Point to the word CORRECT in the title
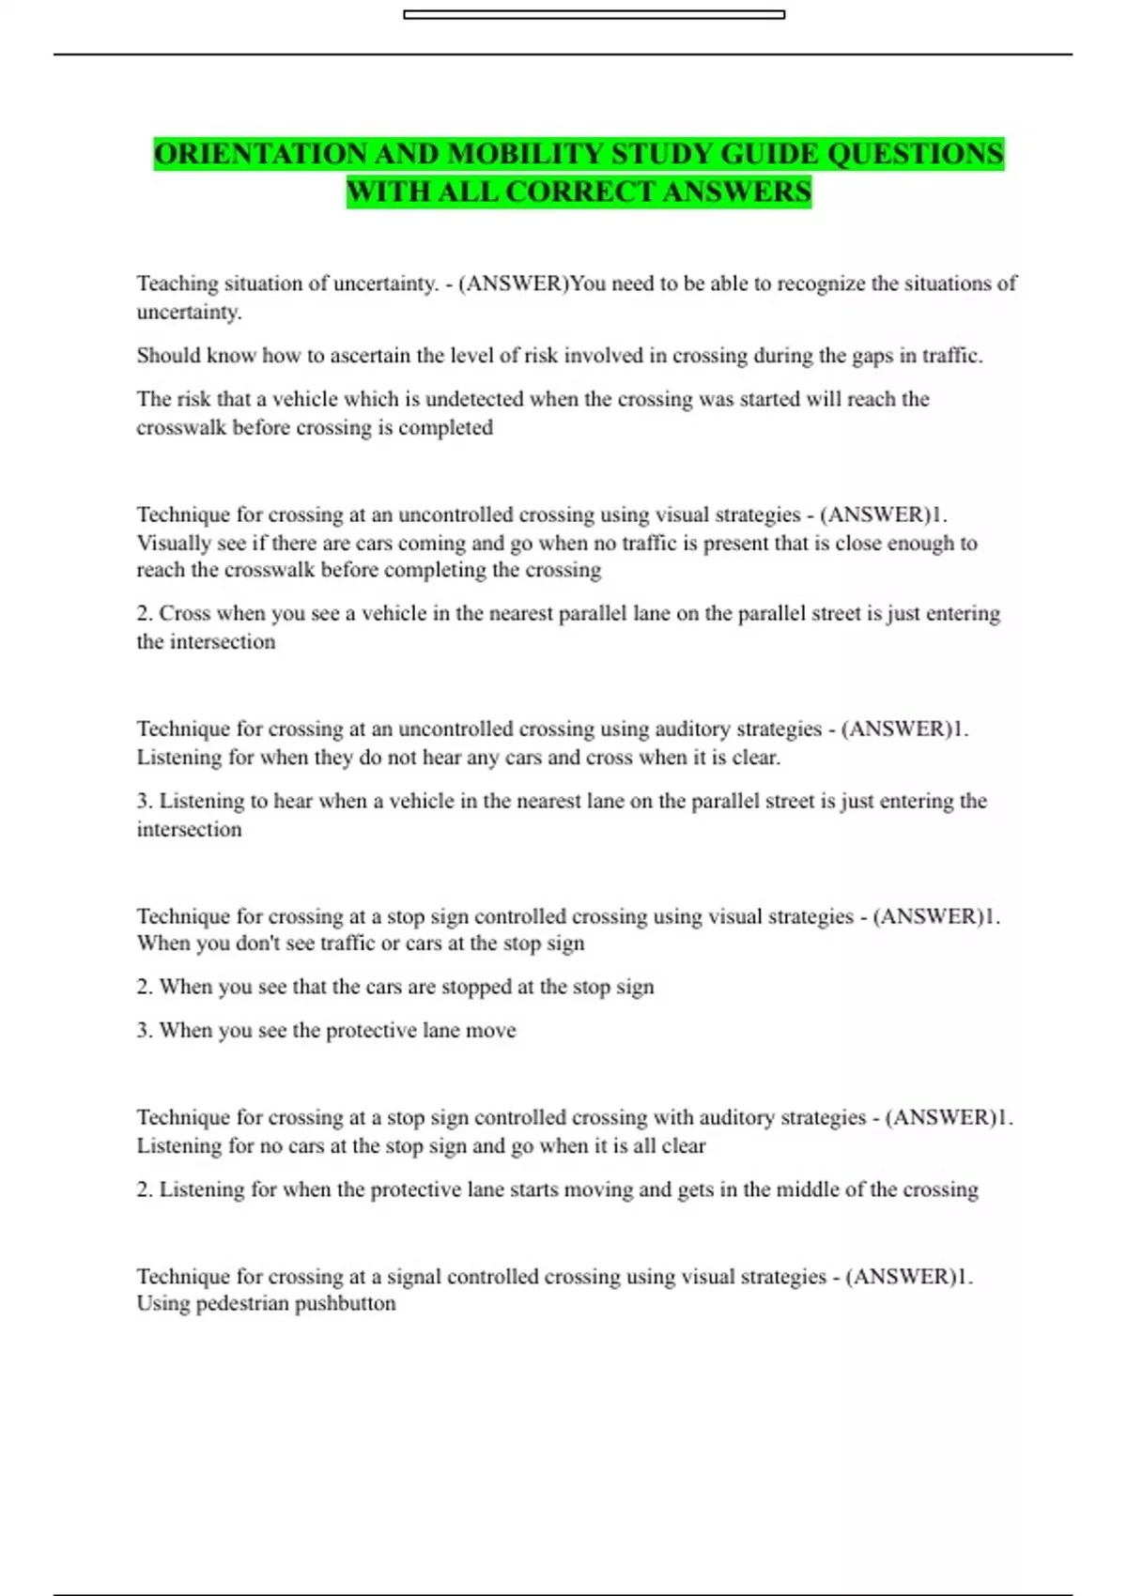580,192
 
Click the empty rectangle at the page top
594,15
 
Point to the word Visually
174,544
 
